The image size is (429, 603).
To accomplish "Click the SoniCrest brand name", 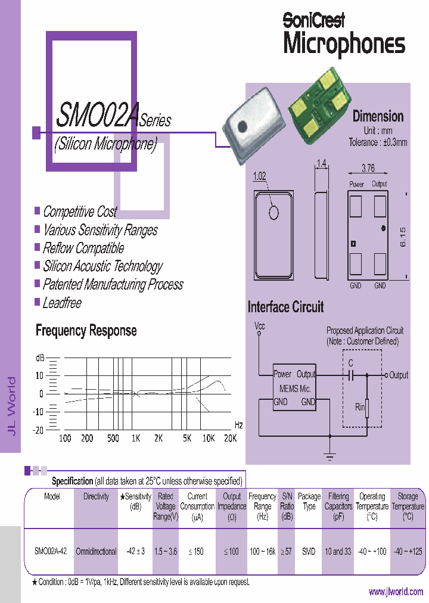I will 313,20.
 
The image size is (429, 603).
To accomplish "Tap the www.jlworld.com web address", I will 396,592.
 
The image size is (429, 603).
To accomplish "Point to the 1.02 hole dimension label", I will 260,176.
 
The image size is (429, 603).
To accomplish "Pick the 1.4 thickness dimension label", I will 321,163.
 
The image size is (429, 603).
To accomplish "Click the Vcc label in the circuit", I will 259,326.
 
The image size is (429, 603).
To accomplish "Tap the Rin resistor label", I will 359,408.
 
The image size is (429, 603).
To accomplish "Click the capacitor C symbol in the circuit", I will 351,375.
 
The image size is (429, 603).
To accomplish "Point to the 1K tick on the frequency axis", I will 136,439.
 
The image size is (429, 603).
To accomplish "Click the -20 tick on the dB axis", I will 38,430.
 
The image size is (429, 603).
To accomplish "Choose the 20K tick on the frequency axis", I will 229,439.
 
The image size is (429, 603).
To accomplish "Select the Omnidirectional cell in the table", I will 96,552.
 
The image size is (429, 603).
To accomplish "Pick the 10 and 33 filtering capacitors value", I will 338,552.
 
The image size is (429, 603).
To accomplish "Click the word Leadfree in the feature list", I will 62,303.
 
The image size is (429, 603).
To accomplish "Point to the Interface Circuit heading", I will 285,307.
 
